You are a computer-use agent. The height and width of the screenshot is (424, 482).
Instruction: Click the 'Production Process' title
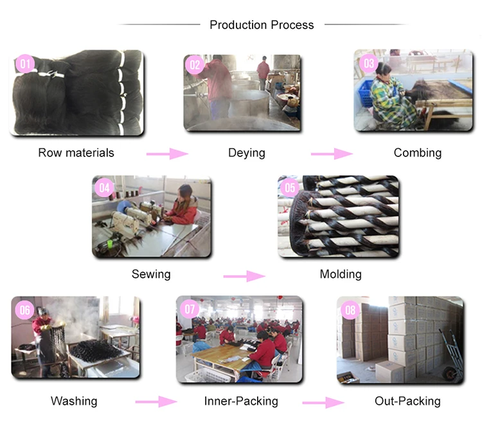coord(262,25)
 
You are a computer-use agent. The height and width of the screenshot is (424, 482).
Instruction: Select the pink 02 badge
coord(195,65)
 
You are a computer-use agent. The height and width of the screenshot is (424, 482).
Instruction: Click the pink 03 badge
coord(368,62)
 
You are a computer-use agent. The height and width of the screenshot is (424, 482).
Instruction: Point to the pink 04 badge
coord(104,188)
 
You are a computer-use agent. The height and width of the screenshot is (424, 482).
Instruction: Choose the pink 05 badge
coord(290,188)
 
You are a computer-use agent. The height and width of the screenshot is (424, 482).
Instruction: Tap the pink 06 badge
coord(24,310)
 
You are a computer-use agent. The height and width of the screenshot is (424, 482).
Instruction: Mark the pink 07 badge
coord(190,309)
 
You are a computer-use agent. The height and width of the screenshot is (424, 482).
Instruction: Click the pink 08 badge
coord(350,310)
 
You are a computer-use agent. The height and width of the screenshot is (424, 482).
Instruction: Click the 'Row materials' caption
coord(76,152)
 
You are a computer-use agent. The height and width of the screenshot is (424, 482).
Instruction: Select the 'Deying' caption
coord(247,152)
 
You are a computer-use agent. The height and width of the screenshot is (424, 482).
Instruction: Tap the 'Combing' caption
coord(418,152)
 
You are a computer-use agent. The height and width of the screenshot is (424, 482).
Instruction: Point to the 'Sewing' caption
coord(151,273)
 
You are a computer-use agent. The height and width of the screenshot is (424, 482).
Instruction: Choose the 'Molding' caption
coord(341,274)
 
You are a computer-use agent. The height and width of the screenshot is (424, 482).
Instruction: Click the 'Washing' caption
coord(74,401)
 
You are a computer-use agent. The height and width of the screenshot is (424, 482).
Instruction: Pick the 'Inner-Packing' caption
coord(241,401)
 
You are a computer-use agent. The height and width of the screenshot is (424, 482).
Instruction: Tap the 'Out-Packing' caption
coord(407,401)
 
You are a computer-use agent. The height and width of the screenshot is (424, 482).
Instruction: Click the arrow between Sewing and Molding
coord(244,276)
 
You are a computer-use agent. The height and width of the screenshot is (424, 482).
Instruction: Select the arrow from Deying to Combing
coord(332,154)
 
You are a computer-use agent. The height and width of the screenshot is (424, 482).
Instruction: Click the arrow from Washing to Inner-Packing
coord(156,402)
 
